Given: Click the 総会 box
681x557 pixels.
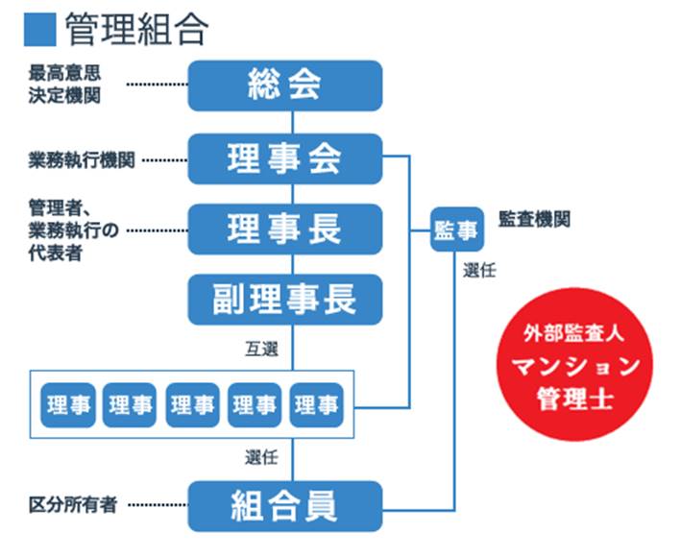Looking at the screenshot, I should point(284,85).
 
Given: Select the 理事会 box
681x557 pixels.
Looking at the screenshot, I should point(284,158).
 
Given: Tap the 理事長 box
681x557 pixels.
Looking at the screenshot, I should point(284,229).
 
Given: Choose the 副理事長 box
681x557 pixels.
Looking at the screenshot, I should point(284,299).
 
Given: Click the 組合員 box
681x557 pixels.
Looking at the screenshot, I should point(284,505).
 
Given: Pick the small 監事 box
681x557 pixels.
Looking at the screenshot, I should point(456,229).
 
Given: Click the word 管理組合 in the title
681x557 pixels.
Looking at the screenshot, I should point(136,30).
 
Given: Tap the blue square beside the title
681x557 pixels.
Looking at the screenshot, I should point(40,30).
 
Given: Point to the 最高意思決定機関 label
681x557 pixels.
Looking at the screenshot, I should point(65,84).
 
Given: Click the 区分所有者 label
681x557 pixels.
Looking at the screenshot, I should point(72,504).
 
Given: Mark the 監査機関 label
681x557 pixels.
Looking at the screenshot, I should point(534,219).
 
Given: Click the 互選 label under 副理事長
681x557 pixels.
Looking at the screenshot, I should point(261,349).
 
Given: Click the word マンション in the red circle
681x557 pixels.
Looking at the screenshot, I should point(574,366).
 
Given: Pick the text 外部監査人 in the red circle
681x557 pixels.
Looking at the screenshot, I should point(574,335).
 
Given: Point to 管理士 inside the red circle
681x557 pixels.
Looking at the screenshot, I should point(574,398).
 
